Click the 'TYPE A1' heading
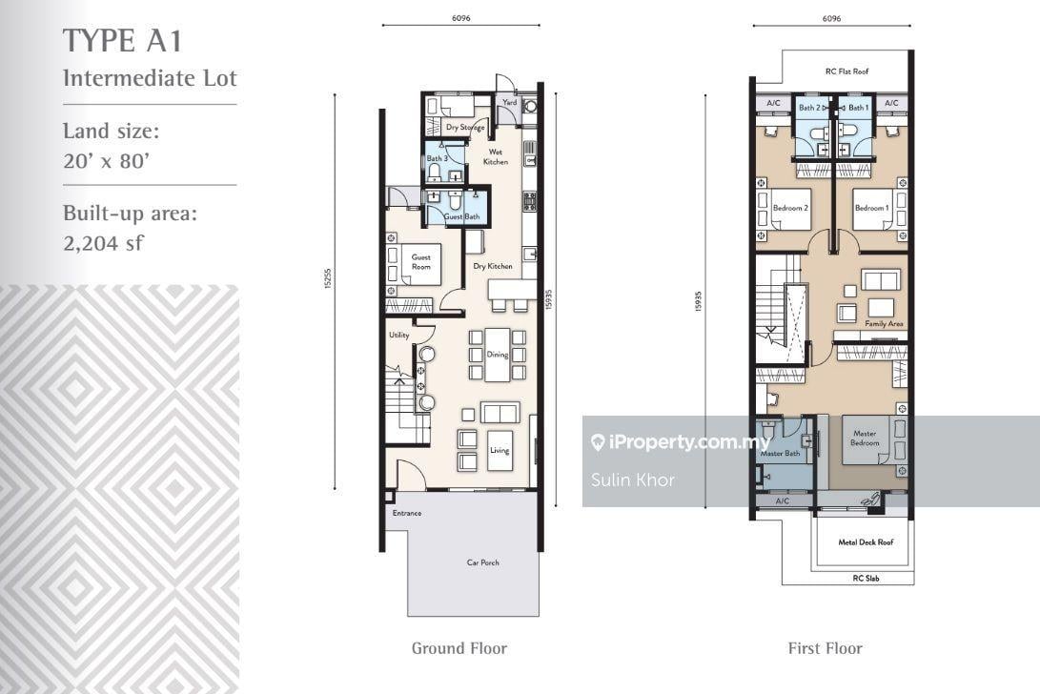click(x=121, y=42)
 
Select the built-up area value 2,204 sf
click(x=101, y=242)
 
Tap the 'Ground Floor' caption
click(x=459, y=648)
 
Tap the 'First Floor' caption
click(x=825, y=648)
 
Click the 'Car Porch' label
click(x=482, y=562)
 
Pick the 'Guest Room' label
click(x=420, y=261)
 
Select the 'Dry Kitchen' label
click(x=494, y=267)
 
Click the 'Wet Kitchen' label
click(x=496, y=157)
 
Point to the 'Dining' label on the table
click(x=498, y=355)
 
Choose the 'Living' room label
click(x=500, y=450)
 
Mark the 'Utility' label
click(x=398, y=336)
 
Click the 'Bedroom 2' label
click(x=790, y=208)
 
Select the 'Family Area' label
click(x=884, y=324)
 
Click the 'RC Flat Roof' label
click(x=846, y=71)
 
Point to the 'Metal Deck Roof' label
click(x=863, y=542)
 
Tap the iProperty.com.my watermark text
click(x=680, y=442)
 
